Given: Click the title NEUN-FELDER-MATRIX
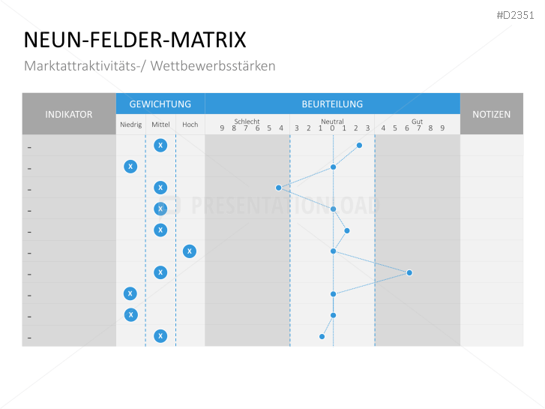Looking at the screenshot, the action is pyautogui.click(x=134, y=40).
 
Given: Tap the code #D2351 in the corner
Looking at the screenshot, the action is pyautogui.click(x=517, y=14).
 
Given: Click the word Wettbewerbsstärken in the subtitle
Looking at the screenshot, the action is pyautogui.click(x=213, y=66).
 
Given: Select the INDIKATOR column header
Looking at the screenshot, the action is pyautogui.click(x=69, y=114).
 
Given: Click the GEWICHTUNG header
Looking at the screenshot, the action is pyautogui.click(x=160, y=104).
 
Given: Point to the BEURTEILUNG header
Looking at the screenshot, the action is pyautogui.click(x=332, y=104).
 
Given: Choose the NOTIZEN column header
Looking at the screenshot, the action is pyautogui.click(x=491, y=114).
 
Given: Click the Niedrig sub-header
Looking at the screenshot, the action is pyautogui.click(x=130, y=125).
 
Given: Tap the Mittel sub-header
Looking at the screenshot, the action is pyautogui.click(x=160, y=125).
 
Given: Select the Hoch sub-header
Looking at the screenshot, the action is pyautogui.click(x=190, y=125).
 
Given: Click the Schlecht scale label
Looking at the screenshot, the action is pyautogui.click(x=247, y=122).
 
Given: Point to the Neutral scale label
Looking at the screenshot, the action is pyautogui.click(x=332, y=122).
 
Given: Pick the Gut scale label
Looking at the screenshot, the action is pyautogui.click(x=417, y=122).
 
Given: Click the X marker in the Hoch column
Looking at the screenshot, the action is pyautogui.click(x=190, y=251).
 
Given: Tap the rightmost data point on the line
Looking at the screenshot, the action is pyautogui.click(x=409, y=272).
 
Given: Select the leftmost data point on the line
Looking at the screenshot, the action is pyautogui.click(x=278, y=188).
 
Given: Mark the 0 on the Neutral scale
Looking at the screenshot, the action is pyautogui.click(x=332, y=128).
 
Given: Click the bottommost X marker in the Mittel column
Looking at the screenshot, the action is pyautogui.click(x=160, y=336).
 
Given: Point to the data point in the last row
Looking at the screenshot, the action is pyautogui.click(x=322, y=336).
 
